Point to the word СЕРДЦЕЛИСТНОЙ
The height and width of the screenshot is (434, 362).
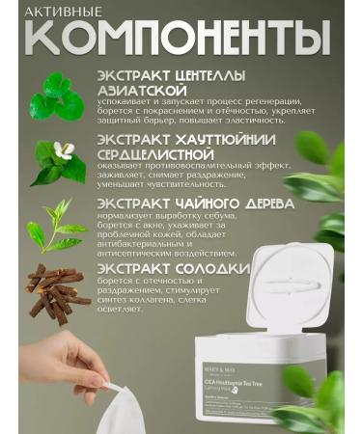click(x=152, y=154)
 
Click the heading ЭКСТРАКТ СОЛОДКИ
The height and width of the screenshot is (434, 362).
click(x=158, y=267)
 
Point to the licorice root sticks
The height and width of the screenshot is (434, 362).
click(x=58, y=290)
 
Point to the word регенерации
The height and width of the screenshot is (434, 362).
click(x=271, y=102)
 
